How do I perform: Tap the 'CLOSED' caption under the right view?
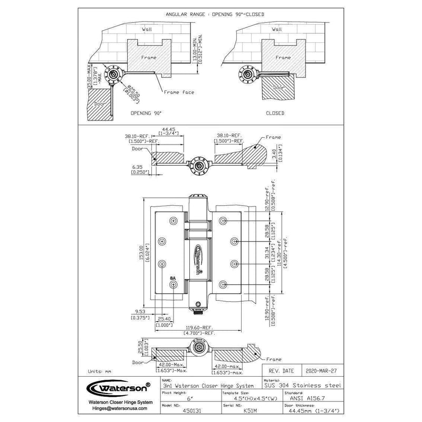(275, 113)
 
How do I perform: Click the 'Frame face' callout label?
(179, 92)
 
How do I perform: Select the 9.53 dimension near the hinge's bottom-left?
(140, 311)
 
